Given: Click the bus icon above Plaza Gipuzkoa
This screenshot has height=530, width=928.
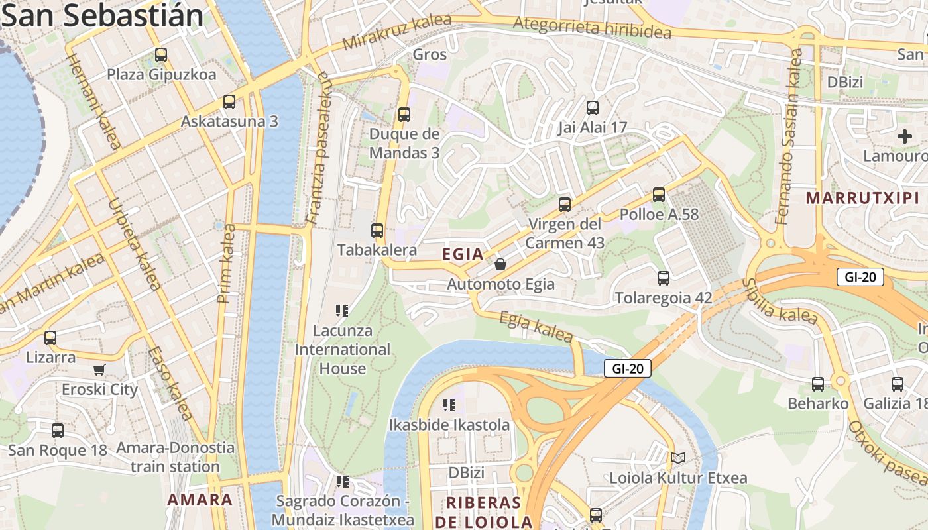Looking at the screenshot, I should pyautogui.click(x=160, y=54).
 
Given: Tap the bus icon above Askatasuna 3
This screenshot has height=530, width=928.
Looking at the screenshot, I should pyautogui.click(x=229, y=102).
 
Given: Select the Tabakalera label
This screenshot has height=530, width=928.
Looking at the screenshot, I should pyautogui.click(x=377, y=250).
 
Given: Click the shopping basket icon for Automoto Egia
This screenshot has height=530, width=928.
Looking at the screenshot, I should pyautogui.click(x=500, y=264).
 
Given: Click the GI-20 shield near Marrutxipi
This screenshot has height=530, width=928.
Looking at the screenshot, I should pyautogui.click(x=860, y=277).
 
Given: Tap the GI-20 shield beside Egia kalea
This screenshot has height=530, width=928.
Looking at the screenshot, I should pyautogui.click(x=627, y=368).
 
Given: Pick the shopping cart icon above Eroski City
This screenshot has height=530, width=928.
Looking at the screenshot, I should pyautogui.click(x=99, y=370).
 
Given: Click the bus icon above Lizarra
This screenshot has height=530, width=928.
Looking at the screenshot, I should pyautogui.click(x=50, y=338).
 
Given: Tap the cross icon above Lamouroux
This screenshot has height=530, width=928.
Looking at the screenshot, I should pyautogui.click(x=904, y=137).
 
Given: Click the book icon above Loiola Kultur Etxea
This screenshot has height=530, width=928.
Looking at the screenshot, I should pyautogui.click(x=677, y=458).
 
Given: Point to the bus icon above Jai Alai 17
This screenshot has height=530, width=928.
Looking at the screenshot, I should pyautogui.click(x=593, y=107).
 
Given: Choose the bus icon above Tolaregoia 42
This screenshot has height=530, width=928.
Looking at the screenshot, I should pyautogui.click(x=663, y=278).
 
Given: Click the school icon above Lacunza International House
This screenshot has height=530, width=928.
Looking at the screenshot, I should pyautogui.click(x=342, y=310).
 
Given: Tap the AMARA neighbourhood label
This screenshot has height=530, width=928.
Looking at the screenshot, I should pyautogui.click(x=200, y=500).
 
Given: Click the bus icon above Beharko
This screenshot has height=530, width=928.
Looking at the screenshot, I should pyautogui.click(x=818, y=384).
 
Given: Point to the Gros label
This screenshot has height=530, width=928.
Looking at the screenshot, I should pyautogui.click(x=430, y=54).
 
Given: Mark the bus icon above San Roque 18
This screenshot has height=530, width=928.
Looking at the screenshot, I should pyautogui.click(x=58, y=431).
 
